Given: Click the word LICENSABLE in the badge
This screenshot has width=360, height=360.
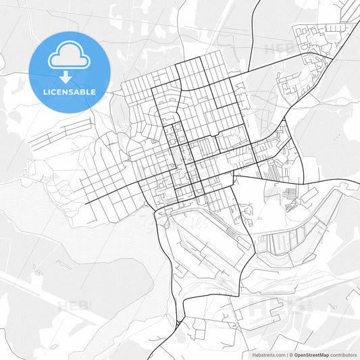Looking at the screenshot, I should pyautogui.click(x=70, y=91).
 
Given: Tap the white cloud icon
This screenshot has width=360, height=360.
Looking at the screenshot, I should pyautogui.click(x=70, y=56).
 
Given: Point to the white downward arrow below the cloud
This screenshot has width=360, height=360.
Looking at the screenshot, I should pyautogui.click(x=70, y=77).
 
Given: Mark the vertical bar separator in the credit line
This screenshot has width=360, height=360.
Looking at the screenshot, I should pyautogui.click(x=286, y=354).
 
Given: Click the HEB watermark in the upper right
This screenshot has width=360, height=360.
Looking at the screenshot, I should pyautogui.click(x=278, y=49).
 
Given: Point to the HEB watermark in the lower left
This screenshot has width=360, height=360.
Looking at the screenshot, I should pyautogui.click(x=73, y=306).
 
